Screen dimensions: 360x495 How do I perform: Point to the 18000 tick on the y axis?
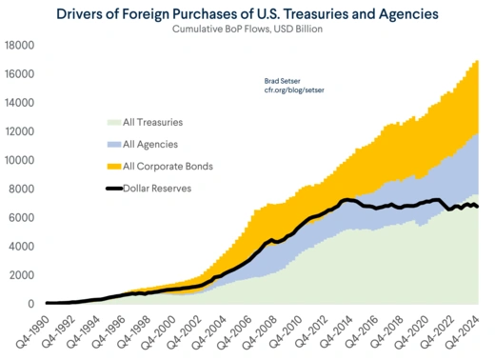[19, 46]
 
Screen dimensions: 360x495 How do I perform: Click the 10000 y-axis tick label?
[19, 160]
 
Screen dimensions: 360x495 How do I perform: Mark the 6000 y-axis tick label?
[22, 218]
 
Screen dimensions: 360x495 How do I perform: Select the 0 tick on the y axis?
[31, 304]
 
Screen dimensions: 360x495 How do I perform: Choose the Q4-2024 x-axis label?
[469, 329]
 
